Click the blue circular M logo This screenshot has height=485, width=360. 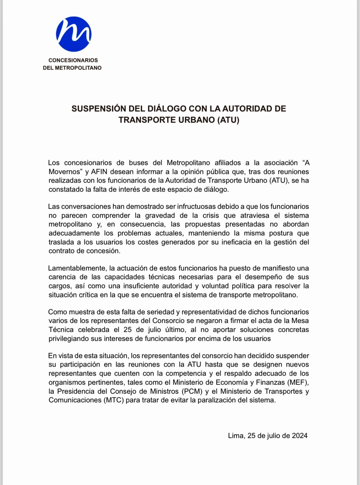click(x=74, y=34)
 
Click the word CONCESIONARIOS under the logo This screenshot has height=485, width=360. click(x=73, y=60)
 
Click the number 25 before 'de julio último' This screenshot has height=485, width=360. click(x=128, y=330)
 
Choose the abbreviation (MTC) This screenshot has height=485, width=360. click(x=114, y=400)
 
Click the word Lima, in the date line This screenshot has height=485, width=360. click(x=237, y=436)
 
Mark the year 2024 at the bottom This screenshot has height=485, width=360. click(x=300, y=436)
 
